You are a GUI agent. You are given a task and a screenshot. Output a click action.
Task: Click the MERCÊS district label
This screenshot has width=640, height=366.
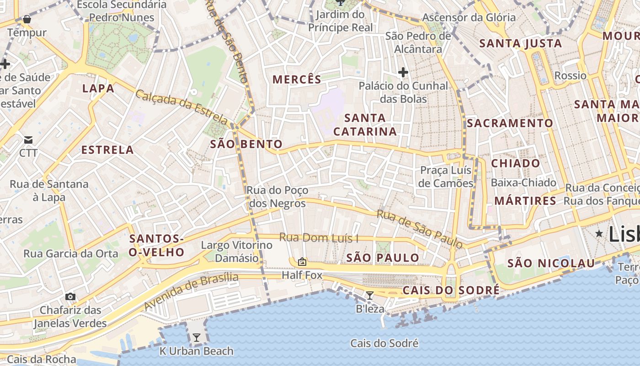(x=297, y=80)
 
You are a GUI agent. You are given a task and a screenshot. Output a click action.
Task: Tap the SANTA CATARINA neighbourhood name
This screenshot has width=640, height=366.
(x=365, y=125)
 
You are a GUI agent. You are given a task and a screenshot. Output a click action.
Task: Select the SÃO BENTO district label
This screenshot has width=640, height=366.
(x=246, y=145)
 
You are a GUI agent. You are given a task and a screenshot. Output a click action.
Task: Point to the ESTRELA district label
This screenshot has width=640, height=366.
(x=107, y=150)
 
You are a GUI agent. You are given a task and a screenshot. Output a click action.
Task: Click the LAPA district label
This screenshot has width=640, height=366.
(x=98, y=89)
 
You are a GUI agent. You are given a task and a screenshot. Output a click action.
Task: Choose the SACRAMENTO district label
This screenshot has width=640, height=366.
(x=510, y=124)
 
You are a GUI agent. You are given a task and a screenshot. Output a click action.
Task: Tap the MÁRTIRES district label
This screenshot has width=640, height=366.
(x=525, y=201)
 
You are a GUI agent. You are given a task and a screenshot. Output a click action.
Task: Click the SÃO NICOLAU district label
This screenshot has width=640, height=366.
(x=551, y=264)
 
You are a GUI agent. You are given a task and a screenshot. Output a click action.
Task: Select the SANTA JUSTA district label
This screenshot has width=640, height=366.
(x=520, y=44)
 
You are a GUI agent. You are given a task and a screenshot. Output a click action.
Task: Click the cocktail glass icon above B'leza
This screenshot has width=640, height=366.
(x=370, y=296)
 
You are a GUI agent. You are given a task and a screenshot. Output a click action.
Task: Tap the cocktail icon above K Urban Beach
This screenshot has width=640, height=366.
(x=197, y=338)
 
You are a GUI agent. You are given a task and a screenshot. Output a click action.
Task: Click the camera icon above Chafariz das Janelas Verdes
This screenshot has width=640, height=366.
(x=70, y=296)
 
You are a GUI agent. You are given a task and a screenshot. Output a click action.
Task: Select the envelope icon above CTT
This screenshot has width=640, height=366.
(x=28, y=140)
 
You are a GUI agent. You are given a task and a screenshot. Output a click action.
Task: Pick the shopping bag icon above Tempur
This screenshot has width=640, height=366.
(x=27, y=19)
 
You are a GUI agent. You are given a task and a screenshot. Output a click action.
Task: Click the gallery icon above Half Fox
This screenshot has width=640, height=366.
(x=302, y=262)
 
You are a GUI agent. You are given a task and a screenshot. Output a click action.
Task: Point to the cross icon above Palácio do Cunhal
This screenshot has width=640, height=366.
(x=403, y=72)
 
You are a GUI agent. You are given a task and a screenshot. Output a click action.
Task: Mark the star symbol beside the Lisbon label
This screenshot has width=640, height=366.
(x=599, y=234)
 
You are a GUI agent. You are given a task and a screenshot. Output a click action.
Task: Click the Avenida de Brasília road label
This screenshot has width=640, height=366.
(x=191, y=291)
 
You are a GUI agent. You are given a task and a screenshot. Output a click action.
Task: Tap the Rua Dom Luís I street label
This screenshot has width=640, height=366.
(x=319, y=238)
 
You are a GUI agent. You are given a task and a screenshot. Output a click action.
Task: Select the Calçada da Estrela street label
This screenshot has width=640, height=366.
(x=181, y=108)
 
